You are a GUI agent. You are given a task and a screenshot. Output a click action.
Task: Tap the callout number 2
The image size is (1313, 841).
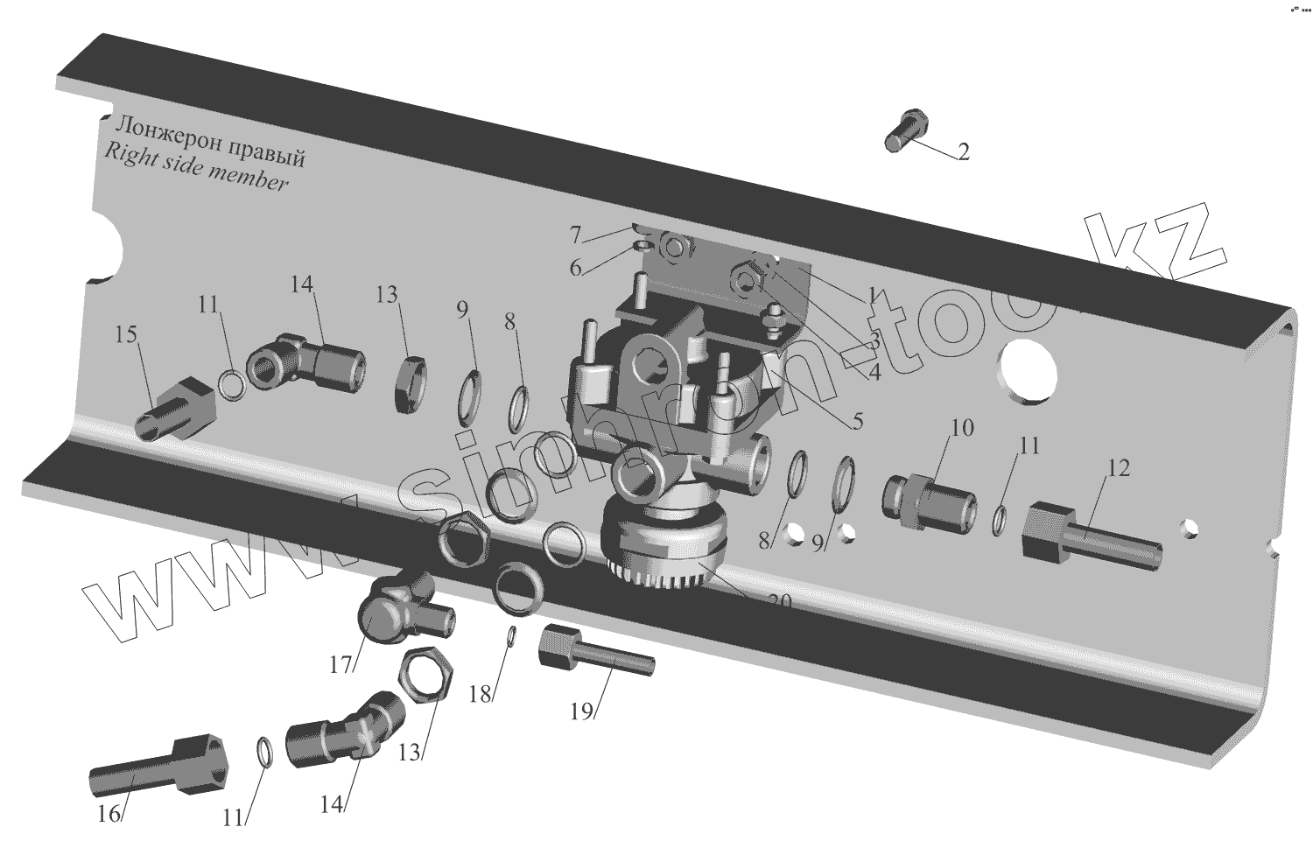(963, 152)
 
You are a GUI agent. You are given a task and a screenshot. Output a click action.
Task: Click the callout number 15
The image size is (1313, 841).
(126, 334)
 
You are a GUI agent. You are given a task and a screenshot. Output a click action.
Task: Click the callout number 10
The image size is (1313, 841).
(961, 428)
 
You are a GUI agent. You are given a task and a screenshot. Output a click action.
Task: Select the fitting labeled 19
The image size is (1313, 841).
(595, 653)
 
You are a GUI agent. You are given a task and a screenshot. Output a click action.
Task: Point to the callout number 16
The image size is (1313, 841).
(108, 813)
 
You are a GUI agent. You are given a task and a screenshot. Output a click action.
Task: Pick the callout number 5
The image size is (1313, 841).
(857, 421)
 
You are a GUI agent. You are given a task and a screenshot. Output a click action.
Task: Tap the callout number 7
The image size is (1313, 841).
(575, 235)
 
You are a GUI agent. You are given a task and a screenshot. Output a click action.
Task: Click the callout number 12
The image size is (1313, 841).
(1118, 467)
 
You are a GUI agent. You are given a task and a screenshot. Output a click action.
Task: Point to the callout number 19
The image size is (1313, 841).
(582, 711)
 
